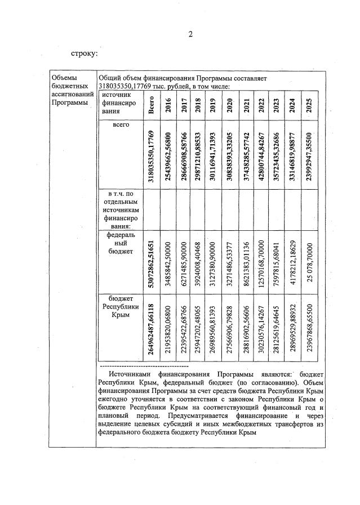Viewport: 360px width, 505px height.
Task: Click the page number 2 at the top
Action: [190, 34]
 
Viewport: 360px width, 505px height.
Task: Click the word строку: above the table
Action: [85, 55]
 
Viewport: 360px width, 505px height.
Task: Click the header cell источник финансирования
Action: [116, 104]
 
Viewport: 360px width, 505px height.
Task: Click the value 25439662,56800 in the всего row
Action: [168, 154]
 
